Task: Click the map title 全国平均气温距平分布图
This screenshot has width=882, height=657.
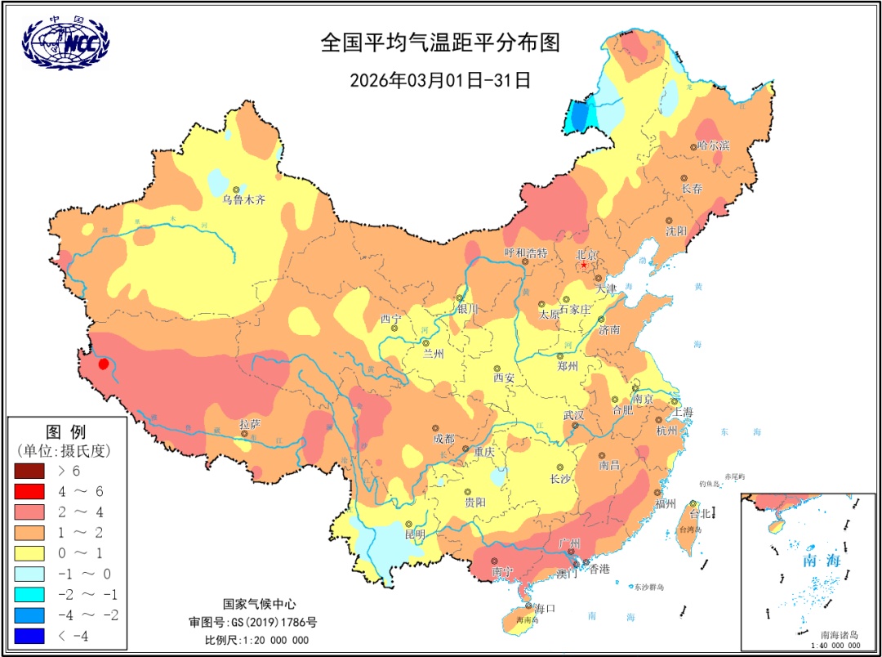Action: [441, 43]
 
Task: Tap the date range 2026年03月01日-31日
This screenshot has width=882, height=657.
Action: [441, 80]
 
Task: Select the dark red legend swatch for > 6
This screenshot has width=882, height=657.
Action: [31, 471]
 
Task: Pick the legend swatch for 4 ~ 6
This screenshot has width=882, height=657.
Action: [31, 491]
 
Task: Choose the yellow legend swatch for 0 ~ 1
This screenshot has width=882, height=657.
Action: [31, 553]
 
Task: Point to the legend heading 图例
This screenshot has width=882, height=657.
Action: [65, 431]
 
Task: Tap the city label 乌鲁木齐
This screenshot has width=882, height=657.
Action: [244, 199]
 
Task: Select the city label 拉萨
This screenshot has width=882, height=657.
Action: [249, 423]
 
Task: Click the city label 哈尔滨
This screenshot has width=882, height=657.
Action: [714, 145]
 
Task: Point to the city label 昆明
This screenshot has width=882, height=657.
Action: [415, 534]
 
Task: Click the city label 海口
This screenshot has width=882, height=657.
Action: [546, 609]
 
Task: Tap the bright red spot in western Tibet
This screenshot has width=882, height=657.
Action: [104, 364]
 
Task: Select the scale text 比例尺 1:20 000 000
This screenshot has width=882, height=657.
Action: [256, 640]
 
